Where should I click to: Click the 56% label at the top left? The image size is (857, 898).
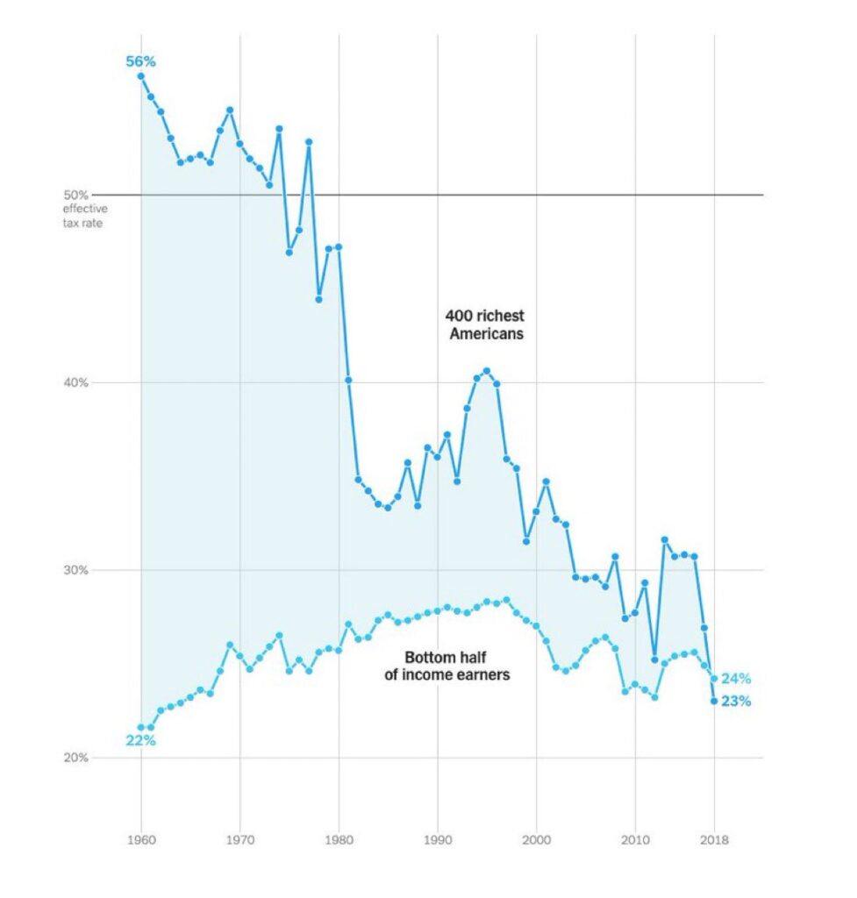[x=140, y=61]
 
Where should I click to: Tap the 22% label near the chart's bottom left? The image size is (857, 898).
[x=140, y=740]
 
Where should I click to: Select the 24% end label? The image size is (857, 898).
[x=736, y=679]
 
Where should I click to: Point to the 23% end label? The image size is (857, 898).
[x=736, y=701]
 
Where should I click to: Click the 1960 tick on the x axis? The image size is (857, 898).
[x=141, y=839]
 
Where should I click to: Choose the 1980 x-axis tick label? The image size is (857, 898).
[x=339, y=839]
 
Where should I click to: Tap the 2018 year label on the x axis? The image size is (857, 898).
[x=714, y=839]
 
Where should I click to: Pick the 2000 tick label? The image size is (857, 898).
[x=536, y=839]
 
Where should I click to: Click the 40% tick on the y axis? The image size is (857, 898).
[x=75, y=382]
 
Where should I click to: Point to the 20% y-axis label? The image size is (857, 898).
[x=75, y=758]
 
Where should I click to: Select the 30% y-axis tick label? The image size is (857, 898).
[x=75, y=570]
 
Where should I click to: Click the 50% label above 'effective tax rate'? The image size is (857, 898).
[x=75, y=196]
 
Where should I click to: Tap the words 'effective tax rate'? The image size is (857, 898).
[x=85, y=216]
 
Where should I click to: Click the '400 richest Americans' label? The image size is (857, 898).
[x=485, y=324]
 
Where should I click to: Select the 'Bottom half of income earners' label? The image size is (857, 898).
[x=446, y=666]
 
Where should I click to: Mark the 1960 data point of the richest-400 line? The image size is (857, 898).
[x=141, y=75]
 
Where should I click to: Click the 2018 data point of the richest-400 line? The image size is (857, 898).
[x=714, y=701]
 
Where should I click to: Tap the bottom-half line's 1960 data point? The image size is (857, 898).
[x=141, y=727]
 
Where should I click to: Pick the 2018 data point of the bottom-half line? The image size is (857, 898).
[x=714, y=679]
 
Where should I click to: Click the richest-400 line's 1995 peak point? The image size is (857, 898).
[x=487, y=371]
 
